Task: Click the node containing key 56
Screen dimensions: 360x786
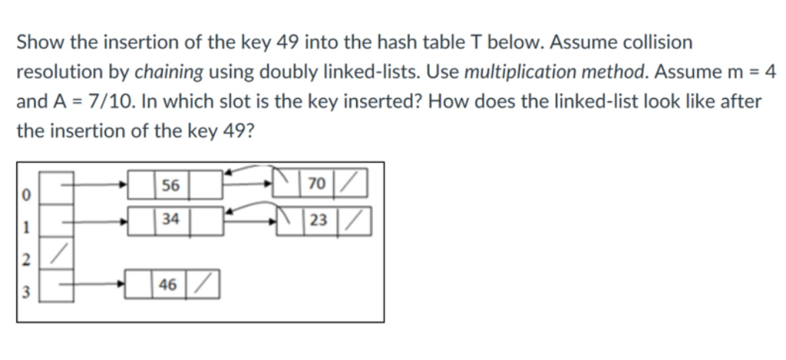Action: coord(170,186)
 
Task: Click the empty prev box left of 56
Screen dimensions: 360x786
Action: coord(144,186)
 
